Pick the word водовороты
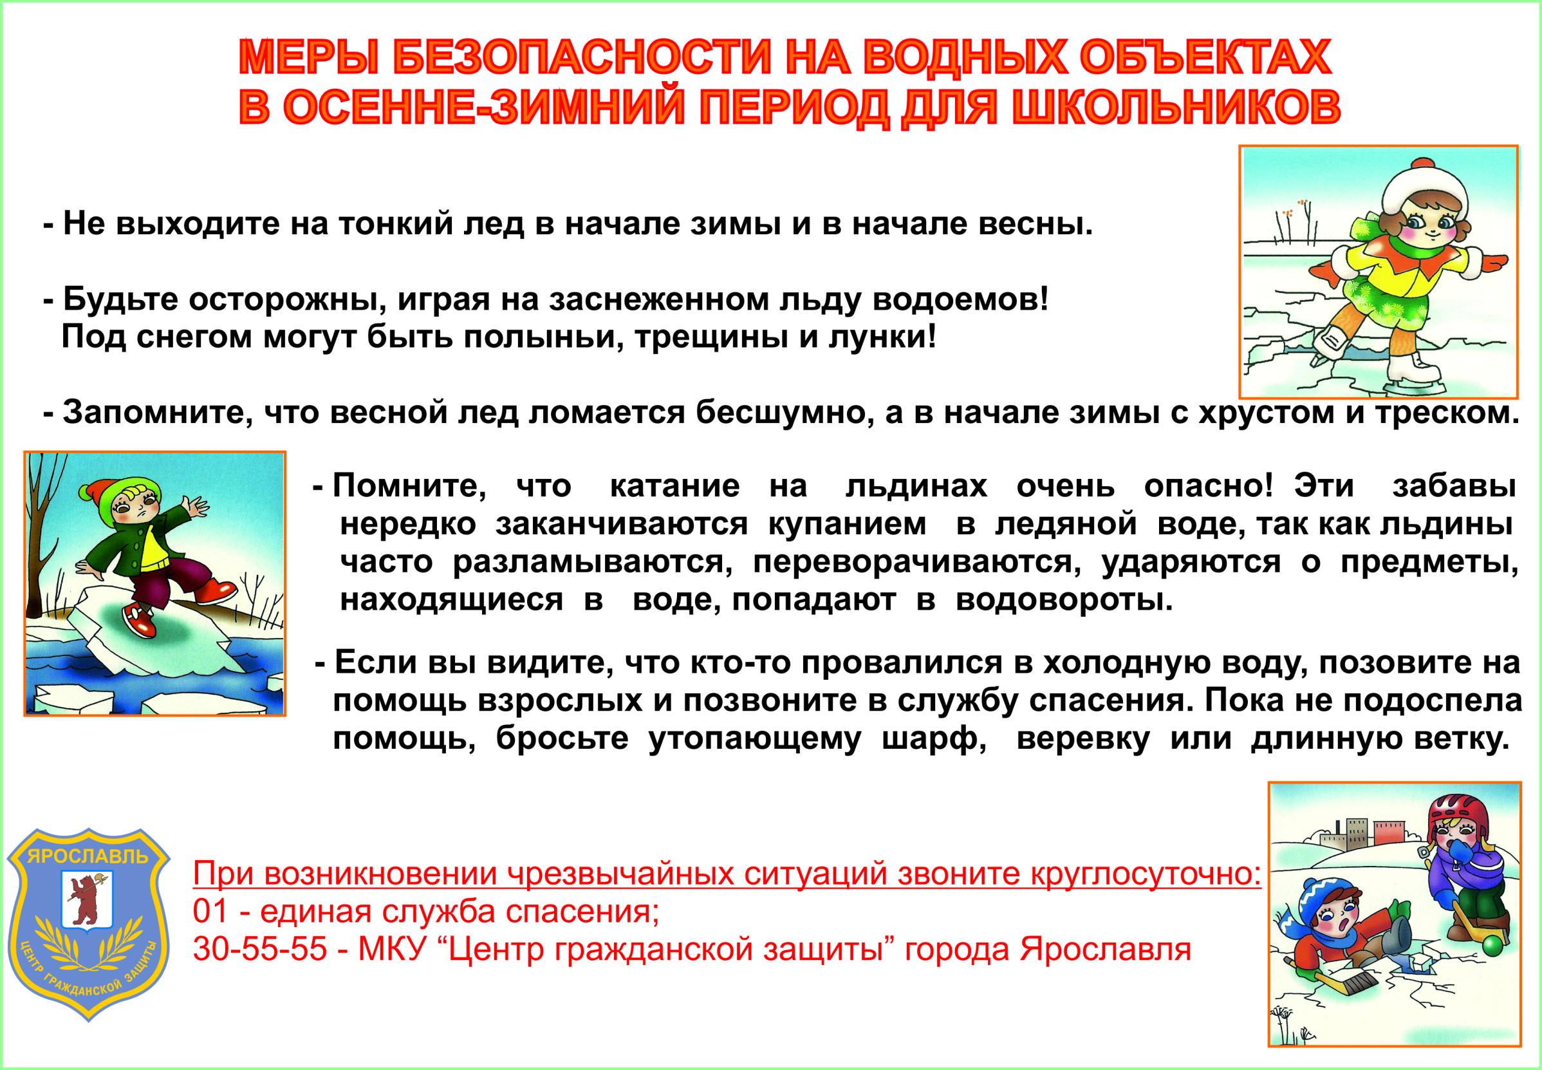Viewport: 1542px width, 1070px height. point(1064,600)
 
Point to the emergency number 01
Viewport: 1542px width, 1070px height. point(209,912)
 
